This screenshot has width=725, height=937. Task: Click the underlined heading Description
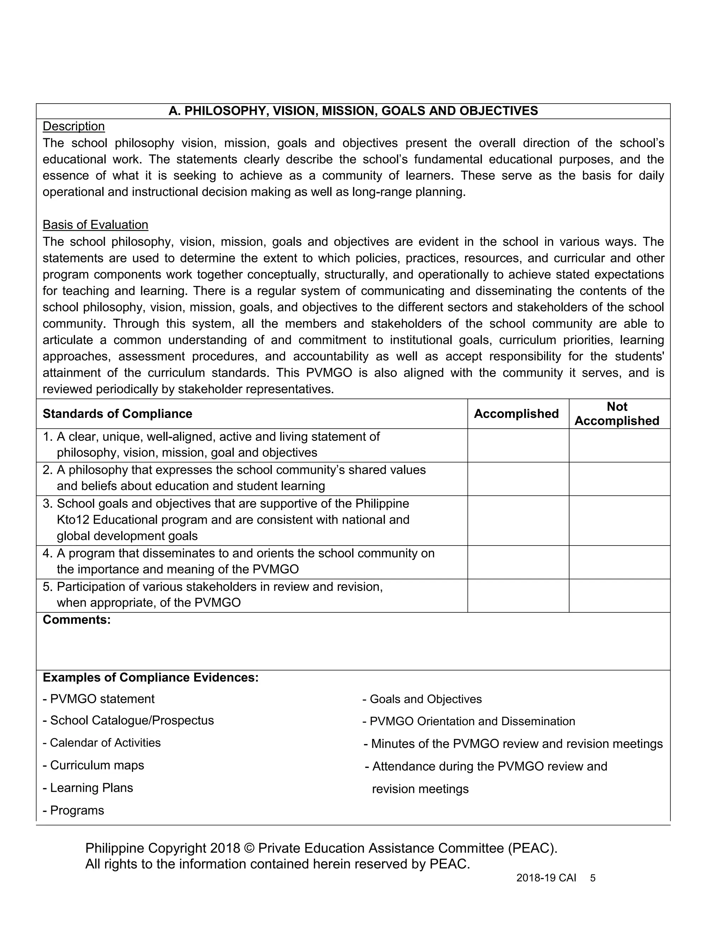(x=73, y=126)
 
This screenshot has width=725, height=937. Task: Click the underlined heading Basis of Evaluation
(x=95, y=225)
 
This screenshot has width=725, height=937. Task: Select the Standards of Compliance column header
(x=117, y=414)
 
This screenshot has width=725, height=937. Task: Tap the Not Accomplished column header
(x=617, y=414)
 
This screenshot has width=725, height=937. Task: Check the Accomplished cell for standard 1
(x=518, y=445)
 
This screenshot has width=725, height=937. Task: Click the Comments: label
(x=76, y=619)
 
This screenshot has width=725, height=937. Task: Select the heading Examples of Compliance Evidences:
(x=151, y=677)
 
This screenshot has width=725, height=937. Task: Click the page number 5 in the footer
(x=593, y=878)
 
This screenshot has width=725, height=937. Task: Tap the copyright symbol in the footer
(x=249, y=848)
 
